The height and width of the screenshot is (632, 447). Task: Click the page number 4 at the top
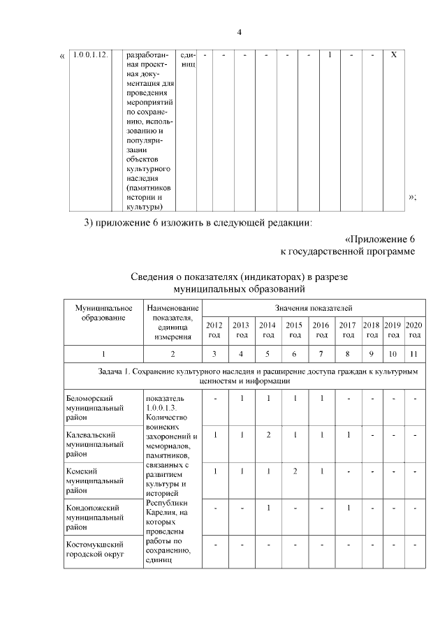(239, 32)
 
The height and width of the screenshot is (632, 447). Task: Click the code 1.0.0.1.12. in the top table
(90, 55)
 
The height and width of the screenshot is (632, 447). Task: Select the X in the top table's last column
(393, 55)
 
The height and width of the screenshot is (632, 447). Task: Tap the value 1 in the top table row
(329, 55)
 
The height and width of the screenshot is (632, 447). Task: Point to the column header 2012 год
(214, 330)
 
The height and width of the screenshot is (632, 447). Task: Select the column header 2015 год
(294, 330)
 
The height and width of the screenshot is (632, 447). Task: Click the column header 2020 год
(413, 330)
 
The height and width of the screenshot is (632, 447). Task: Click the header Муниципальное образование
(103, 312)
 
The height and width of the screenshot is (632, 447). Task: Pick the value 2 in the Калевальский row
(268, 435)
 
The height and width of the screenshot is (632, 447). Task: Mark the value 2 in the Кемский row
(294, 471)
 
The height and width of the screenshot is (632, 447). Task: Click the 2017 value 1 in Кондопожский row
(347, 508)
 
